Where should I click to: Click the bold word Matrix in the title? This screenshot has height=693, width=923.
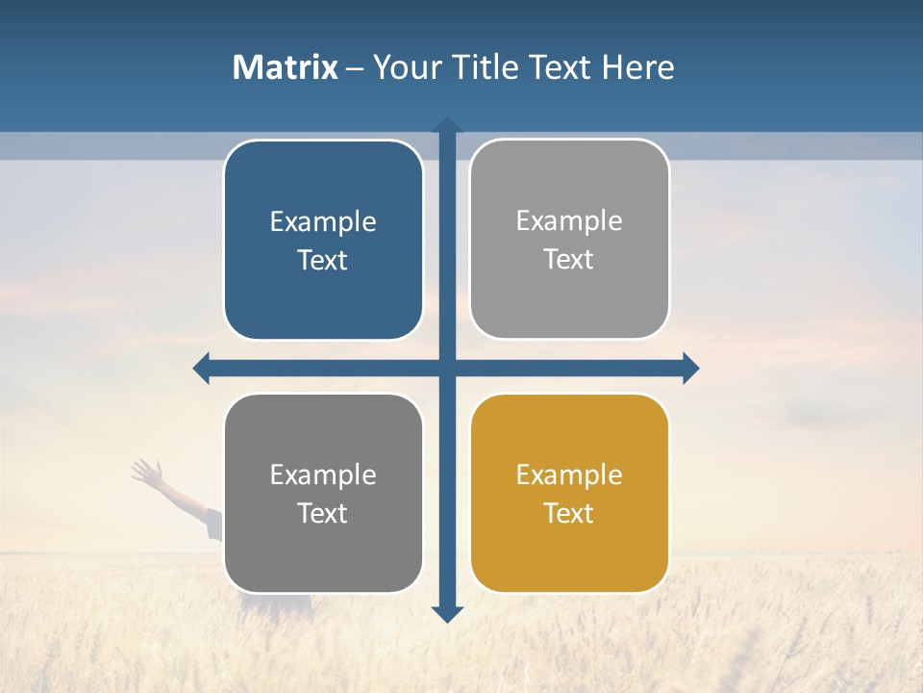click(x=286, y=67)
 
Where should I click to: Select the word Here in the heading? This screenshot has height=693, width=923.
click(x=637, y=67)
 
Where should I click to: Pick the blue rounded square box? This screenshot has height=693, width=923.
click(x=323, y=240)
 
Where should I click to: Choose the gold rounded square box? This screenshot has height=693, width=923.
click(x=569, y=493)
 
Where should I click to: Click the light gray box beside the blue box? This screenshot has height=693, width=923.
click(x=569, y=239)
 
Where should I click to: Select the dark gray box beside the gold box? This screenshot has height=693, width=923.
click(x=323, y=493)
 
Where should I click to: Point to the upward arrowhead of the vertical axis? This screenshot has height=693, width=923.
click(x=447, y=124)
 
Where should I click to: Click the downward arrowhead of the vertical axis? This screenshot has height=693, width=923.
click(x=447, y=614)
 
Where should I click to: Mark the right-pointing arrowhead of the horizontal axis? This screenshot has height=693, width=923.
click(x=690, y=368)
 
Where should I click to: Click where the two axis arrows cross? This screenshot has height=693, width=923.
click(x=447, y=368)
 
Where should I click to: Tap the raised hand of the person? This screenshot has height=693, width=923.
click(x=146, y=471)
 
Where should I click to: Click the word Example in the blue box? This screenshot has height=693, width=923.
click(x=323, y=222)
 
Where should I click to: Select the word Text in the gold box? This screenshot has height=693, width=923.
click(x=569, y=513)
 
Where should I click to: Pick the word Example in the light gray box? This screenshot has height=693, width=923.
click(x=569, y=221)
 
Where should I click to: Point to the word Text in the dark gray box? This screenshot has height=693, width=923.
click(x=323, y=513)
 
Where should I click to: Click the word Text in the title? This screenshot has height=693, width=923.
click(x=559, y=67)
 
